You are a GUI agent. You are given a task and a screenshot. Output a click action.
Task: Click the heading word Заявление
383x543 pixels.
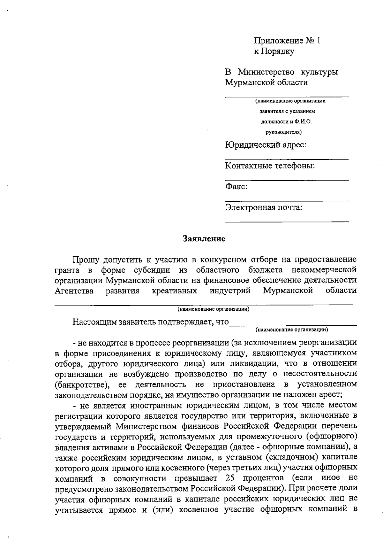coord(204,239)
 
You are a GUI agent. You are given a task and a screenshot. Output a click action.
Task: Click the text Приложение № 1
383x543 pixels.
coord(287,41)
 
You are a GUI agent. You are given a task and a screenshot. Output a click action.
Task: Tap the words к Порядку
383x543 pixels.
coord(274,51)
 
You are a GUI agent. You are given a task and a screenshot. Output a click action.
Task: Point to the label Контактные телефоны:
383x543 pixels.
coord(270,166)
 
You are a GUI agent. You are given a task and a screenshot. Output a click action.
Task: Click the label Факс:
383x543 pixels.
coord(237,186)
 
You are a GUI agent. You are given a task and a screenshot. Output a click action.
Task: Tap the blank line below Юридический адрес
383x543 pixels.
coord(287,159)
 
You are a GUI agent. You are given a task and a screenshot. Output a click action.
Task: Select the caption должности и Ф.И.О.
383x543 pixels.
coord(286,121)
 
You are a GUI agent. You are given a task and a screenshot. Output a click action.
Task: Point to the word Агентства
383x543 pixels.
coord(74,291)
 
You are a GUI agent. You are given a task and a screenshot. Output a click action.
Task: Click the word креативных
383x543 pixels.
coord(174,291)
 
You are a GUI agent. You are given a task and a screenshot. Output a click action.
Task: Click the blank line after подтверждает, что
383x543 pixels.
coord(293,325)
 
